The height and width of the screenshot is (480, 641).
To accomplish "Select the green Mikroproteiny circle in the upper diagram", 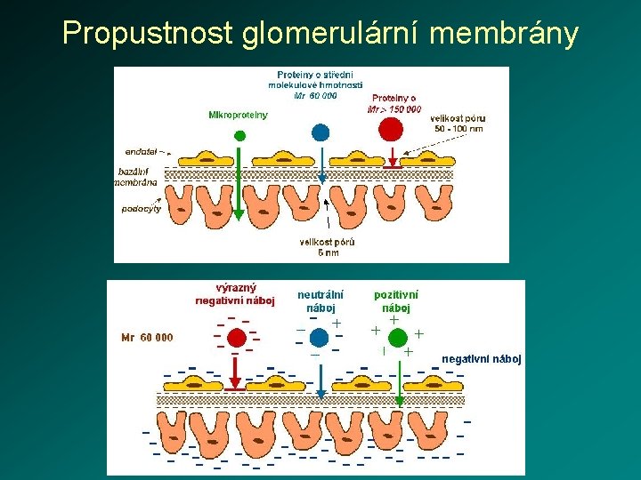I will coord(239,135).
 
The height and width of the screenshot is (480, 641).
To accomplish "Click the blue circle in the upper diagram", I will coord(320,132).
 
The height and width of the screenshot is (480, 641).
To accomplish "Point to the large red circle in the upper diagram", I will coord(391,129).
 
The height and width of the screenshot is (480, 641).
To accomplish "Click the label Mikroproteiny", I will coord(238,115).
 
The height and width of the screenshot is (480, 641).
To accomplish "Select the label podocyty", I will coord(141,211).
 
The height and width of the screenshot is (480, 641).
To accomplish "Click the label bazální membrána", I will coord(137,176).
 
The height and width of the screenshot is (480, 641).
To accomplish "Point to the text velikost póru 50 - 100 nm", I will coord(457,123).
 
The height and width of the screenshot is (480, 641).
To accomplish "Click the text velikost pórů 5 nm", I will coord(329,247).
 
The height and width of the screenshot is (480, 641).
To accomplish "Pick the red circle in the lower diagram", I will coord(236,338).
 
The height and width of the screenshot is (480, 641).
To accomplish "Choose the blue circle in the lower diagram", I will coord(320,339).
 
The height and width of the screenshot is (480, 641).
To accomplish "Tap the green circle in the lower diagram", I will coord(398,336).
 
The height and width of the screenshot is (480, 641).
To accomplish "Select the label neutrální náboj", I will coord(320,300).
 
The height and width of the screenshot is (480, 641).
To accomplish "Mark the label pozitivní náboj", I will coord(396,300).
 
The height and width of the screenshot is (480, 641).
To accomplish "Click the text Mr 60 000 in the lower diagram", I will coord(148,338).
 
